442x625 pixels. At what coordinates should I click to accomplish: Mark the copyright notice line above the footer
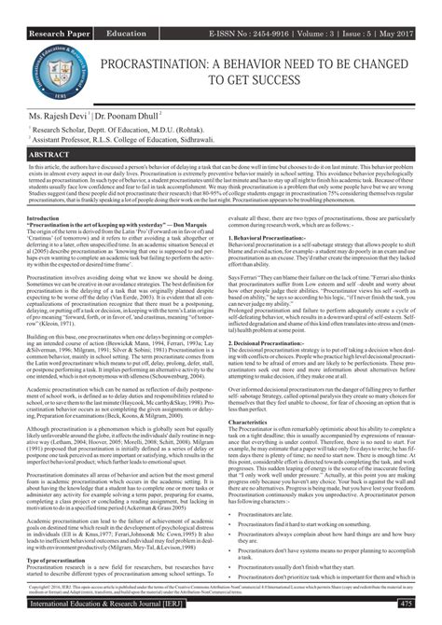pyautogui.click(x=220, y=588)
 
